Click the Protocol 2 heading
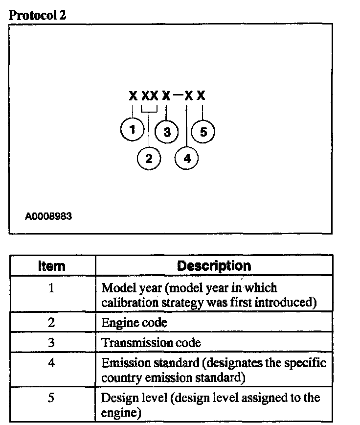[x=38, y=15]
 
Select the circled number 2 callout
[x=149, y=158]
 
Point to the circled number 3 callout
[x=167, y=132]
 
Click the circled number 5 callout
[x=202, y=131]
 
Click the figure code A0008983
[x=48, y=216]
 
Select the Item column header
[x=51, y=266]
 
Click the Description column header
[x=214, y=266]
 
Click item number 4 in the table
[x=51, y=363]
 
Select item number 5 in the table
[x=51, y=398]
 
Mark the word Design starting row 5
[x=115, y=398]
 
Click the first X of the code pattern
[x=133, y=95]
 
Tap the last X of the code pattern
[x=201, y=95]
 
